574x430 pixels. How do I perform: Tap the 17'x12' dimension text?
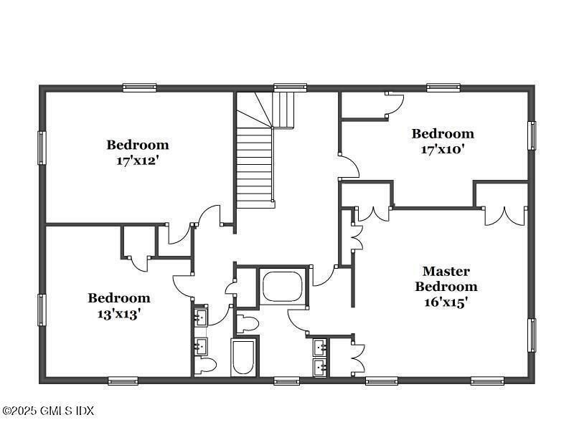pyautogui.click(x=142, y=161)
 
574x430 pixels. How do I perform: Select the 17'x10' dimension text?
pyautogui.click(x=442, y=150)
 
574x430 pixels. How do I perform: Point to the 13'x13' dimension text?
pyautogui.click(x=119, y=314)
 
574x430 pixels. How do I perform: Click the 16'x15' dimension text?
pyautogui.click(x=446, y=302)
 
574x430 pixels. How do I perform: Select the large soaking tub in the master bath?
pyautogui.click(x=283, y=286)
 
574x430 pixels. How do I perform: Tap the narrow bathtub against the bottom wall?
pyautogui.click(x=243, y=357)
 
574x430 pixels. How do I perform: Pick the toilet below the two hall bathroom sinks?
pyautogui.click(x=206, y=365)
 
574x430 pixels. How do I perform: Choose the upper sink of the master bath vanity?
pyautogui.click(x=320, y=348)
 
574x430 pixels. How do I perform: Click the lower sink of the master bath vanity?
pyautogui.click(x=320, y=368)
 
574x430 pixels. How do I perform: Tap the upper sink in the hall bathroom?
pyautogui.click(x=200, y=315)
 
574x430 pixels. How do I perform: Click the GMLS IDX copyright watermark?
pyautogui.click(x=47, y=411)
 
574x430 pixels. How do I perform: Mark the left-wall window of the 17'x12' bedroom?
pyautogui.click(x=42, y=148)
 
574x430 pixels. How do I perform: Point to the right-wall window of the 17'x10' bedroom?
pyautogui.click(x=532, y=135)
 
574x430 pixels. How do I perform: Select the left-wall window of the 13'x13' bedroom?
pyautogui.click(x=42, y=310)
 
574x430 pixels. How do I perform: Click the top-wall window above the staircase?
pyautogui.click(x=290, y=87)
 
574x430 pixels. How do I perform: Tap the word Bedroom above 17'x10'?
pyautogui.click(x=442, y=133)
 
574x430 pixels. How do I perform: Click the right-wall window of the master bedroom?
pyautogui.click(x=532, y=335)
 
